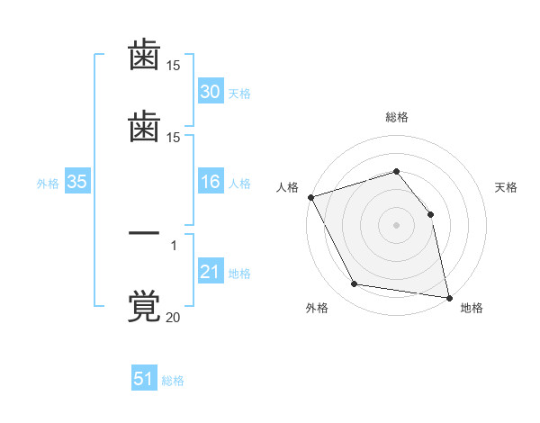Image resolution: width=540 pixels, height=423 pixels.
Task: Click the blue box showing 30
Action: pyautogui.click(x=211, y=91)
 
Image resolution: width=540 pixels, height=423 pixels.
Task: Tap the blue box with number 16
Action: pyautogui.click(x=211, y=181)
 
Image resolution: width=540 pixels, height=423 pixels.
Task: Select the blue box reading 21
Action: pyautogui.click(x=211, y=270)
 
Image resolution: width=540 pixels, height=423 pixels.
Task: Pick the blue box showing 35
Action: pyautogui.click(x=77, y=181)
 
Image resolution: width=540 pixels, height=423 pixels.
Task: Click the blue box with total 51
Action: pyautogui.click(x=144, y=377)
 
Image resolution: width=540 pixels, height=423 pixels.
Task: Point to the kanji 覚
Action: pyautogui.click(x=144, y=306)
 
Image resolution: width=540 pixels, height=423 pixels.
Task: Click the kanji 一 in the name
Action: pyautogui.click(x=144, y=233)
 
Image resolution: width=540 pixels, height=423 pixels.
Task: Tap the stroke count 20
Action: pyautogui.click(x=173, y=317)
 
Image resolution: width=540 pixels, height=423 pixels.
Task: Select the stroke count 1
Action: pyautogui.click(x=174, y=246)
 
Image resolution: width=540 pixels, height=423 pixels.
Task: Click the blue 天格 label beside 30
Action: pyautogui.click(x=239, y=94)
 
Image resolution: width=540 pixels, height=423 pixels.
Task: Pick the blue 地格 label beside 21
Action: pyautogui.click(x=239, y=274)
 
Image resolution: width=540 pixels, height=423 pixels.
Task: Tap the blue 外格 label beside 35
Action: pyautogui.click(x=48, y=184)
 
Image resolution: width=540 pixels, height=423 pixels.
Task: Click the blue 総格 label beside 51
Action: pyautogui.click(x=173, y=381)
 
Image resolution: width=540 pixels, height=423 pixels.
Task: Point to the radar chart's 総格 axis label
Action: pyautogui.click(x=397, y=117)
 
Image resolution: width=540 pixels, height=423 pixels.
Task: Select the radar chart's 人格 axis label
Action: pyautogui.click(x=287, y=187)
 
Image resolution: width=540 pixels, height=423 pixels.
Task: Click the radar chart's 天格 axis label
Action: pyautogui.click(x=506, y=187)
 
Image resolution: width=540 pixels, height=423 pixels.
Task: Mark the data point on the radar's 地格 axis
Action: pyautogui.click(x=449, y=298)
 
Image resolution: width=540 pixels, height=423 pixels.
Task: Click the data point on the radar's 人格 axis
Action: pyautogui.click(x=311, y=197)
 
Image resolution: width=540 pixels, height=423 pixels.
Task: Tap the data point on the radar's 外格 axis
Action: pyautogui.click(x=355, y=283)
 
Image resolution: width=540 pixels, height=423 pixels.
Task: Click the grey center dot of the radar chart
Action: pyautogui.click(x=396, y=225)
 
